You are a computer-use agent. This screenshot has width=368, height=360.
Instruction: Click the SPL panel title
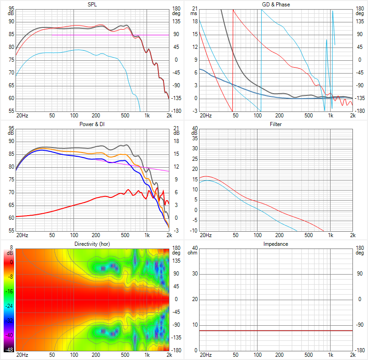click(x=92, y=5)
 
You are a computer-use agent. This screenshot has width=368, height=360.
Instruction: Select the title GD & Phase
click(x=276, y=5)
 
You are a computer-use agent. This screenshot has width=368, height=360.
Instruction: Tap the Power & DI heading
click(x=92, y=124)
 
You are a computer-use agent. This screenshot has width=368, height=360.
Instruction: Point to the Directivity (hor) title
click(x=92, y=244)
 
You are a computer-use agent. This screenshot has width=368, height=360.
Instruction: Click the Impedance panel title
click(x=276, y=244)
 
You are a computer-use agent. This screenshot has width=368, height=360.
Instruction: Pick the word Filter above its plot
click(x=276, y=124)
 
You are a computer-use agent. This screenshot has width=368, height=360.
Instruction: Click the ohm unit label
click(x=193, y=253)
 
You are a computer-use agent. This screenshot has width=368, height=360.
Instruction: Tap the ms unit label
click(x=194, y=13)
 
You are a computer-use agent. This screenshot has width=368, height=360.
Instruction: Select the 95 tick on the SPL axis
click(x=11, y=9)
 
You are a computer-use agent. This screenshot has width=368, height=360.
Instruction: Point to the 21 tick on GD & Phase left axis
click(x=195, y=9)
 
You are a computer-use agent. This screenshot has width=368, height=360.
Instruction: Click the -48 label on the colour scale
click(x=8, y=350)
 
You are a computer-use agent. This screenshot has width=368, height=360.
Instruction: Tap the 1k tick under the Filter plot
click(x=331, y=235)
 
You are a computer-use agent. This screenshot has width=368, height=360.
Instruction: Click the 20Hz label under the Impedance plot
click(x=206, y=355)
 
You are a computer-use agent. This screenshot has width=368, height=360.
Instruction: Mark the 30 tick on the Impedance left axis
click(x=195, y=274)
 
